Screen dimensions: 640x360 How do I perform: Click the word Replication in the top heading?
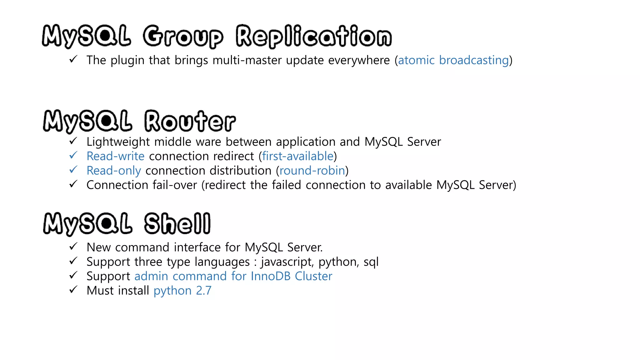click(313, 36)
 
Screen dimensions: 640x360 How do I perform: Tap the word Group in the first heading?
click(183, 37)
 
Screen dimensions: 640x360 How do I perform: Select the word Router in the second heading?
click(190, 121)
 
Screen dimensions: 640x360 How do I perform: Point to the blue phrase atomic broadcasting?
click(453, 60)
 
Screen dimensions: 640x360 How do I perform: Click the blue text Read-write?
click(115, 156)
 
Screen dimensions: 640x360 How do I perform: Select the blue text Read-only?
click(114, 171)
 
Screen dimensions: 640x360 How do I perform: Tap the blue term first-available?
click(298, 156)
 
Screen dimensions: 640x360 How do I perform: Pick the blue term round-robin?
click(312, 171)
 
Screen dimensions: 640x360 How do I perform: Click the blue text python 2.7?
click(182, 291)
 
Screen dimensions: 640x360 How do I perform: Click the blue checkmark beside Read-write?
click(73, 155)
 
